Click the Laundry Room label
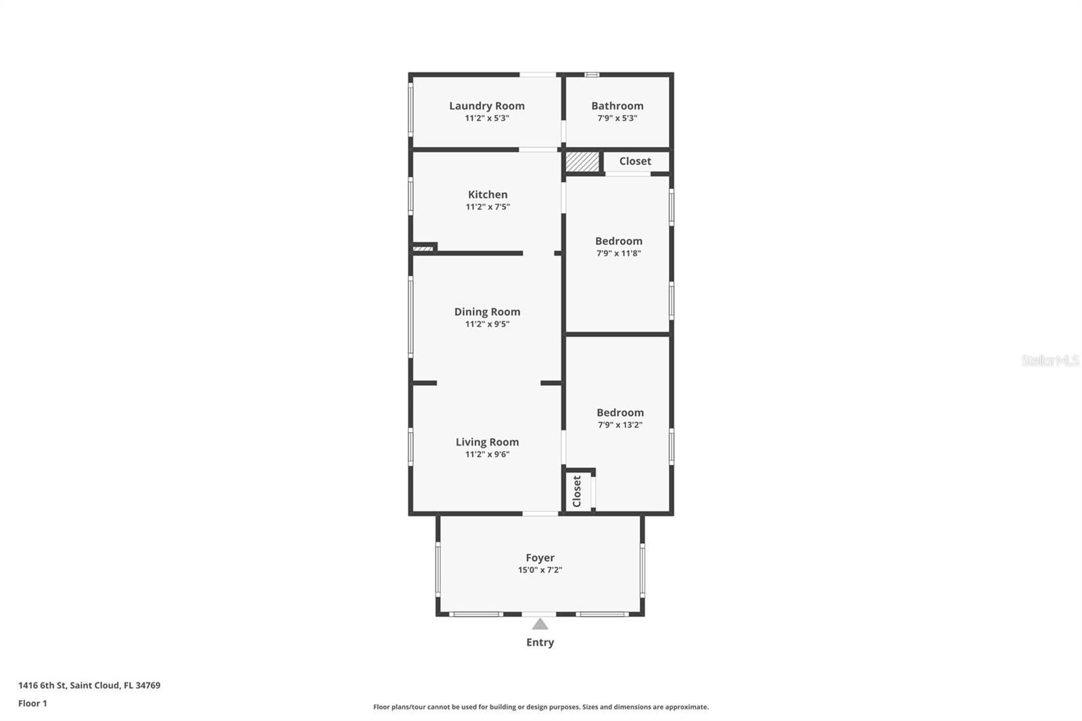(x=486, y=106)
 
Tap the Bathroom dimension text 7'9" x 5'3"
(x=617, y=118)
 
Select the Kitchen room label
(x=487, y=195)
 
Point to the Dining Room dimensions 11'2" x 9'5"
(x=487, y=324)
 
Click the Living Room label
(x=487, y=442)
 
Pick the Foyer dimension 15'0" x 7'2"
(x=540, y=570)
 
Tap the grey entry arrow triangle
(x=540, y=624)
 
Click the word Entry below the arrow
(x=540, y=643)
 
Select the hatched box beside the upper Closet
(x=582, y=162)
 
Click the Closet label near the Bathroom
(x=635, y=161)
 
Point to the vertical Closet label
(x=577, y=491)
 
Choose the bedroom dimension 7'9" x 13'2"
(x=619, y=425)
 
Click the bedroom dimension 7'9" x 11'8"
(x=618, y=254)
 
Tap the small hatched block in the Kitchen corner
(x=423, y=249)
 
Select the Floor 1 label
(x=32, y=703)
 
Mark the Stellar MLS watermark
(x=1050, y=360)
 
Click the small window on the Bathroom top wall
(x=592, y=74)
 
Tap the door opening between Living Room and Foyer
(x=540, y=513)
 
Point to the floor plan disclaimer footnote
(x=540, y=707)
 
